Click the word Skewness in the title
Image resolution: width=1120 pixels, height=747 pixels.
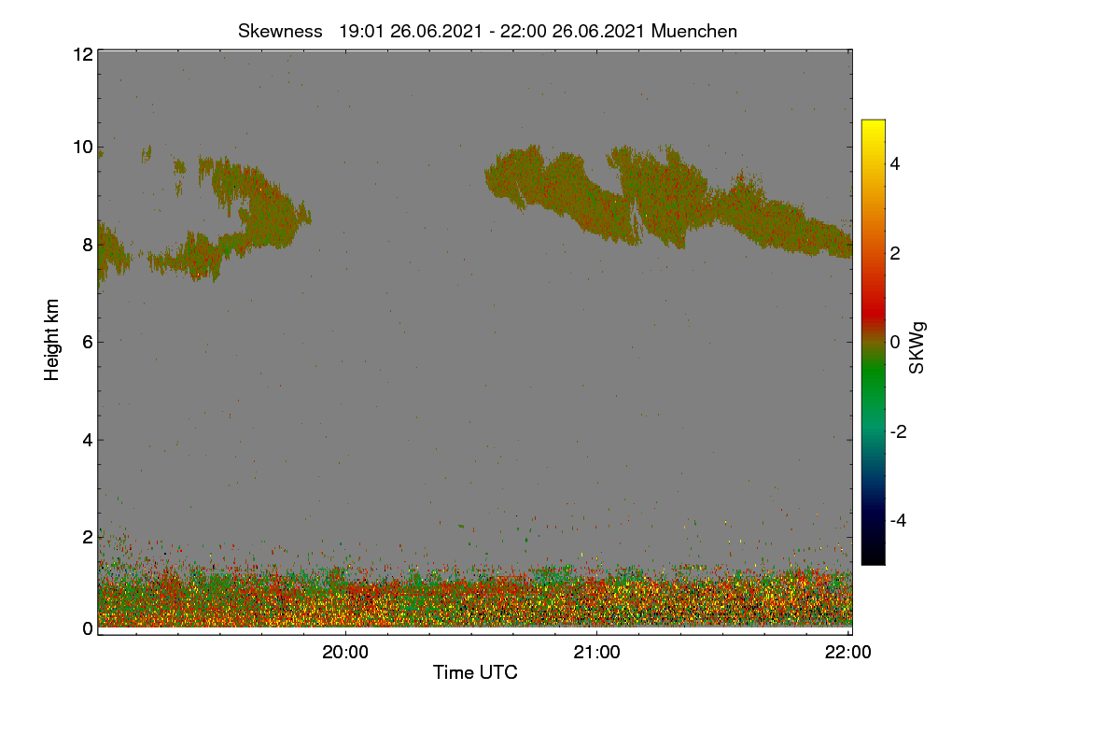pos(280,32)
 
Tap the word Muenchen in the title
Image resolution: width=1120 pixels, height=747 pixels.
pos(694,32)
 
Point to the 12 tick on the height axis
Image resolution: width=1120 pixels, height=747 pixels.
pos(83,54)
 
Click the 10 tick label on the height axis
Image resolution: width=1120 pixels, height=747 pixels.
pos(83,148)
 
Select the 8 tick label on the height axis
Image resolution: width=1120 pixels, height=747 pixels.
pos(88,246)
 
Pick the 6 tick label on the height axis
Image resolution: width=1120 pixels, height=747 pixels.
pos(88,343)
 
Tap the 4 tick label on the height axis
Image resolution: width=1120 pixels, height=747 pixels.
pos(88,441)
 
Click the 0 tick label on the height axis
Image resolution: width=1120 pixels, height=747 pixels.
pos(88,629)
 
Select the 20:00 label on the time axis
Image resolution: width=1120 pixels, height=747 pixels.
pos(345,652)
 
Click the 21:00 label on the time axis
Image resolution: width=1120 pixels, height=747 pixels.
pos(596,652)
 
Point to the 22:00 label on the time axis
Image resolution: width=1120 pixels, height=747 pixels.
pos(848,652)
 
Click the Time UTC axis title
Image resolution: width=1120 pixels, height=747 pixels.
pos(475,672)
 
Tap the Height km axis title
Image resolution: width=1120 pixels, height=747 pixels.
pos(51,340)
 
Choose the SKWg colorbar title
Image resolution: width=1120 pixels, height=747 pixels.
pos(917,347)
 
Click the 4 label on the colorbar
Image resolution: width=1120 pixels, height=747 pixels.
pos(895,164)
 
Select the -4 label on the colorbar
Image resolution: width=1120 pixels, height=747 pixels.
pos(898,521)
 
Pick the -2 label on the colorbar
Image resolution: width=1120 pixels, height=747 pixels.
pos(898,431)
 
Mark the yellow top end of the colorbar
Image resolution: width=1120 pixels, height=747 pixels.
pos(873,121)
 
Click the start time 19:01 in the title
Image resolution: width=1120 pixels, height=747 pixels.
pos(361,32)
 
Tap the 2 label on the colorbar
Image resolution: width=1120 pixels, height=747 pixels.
pos(895,253)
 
